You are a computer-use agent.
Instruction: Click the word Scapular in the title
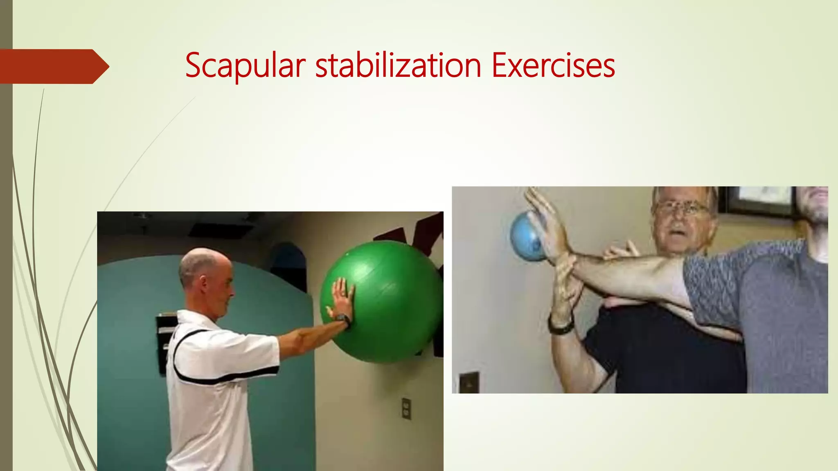[x=245, y=65]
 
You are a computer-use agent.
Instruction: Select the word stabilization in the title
[x=398, y=65]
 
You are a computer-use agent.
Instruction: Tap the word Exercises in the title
[x=553, y=65]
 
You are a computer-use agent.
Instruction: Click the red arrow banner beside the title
[x=53, y=66]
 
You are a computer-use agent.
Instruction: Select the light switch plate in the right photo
[x=469, y=382]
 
